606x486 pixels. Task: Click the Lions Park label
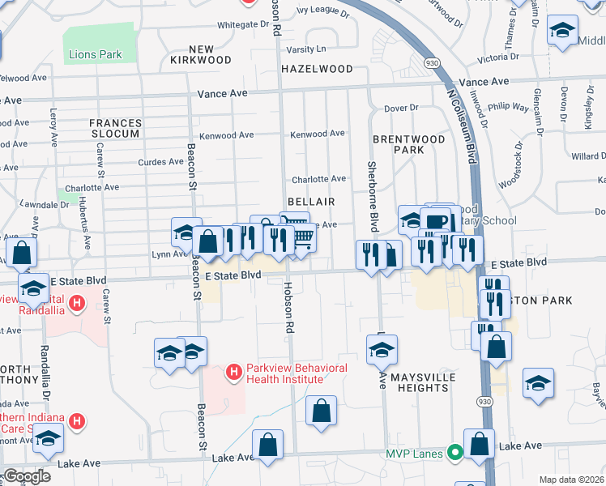(95, 55)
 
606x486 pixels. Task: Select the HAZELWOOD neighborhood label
(317, 70)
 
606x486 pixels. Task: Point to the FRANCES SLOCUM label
(115, 128)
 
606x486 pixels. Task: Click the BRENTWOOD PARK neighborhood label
(409, 144)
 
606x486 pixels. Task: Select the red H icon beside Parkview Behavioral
(233, 373)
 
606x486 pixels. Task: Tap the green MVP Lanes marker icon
(456, 452)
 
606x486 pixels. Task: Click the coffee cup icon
(435, 221)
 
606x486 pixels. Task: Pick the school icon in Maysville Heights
(382, 350)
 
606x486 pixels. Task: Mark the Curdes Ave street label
(161, 161)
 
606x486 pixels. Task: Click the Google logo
(27, 476)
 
